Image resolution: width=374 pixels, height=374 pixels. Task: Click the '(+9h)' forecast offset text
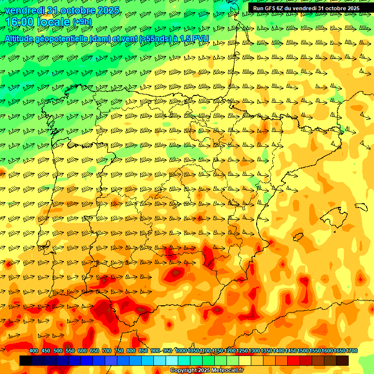click(82, 22)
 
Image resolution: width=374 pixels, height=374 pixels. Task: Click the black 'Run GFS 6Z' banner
click(306, 8)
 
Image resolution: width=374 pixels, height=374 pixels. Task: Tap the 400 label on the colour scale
click(34, 351)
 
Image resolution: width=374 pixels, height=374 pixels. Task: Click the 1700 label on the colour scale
click(352, 351)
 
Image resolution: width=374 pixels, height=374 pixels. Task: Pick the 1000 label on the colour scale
click(181, 351)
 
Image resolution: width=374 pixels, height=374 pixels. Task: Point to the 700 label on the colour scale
click(107, 351)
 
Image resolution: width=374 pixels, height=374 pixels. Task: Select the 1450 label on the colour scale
click(291, 351)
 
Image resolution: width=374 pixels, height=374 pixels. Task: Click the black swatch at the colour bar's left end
click(26, 360)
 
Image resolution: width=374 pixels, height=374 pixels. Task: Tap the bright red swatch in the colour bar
click(294, 360)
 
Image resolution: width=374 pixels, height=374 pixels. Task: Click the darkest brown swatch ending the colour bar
click(342, 360)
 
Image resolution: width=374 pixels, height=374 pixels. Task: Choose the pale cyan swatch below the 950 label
click(172, 360)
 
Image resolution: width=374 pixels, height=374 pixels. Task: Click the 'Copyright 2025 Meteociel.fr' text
click(206, 371)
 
